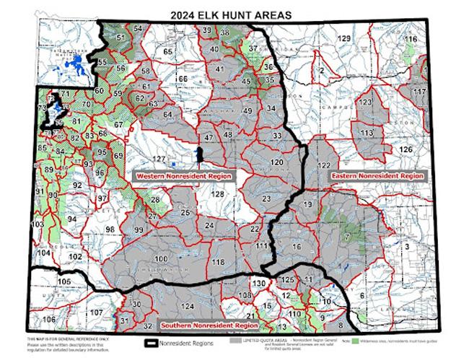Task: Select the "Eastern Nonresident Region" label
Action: [x=375, y=175]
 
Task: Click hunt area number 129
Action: [x=345, y=38]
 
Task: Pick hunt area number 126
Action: [x=406, y=149]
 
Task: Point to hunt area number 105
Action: [x=65, y=281]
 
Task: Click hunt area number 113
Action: [x=367, y=133]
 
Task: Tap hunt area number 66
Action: [x=183, y=79]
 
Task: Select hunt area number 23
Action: [x=266, y=198]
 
